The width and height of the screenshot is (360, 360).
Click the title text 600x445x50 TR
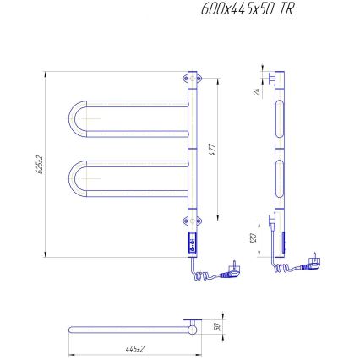[x=249, y=10]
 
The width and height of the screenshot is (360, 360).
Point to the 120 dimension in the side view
[x=254, y=239]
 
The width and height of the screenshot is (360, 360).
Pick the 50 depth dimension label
[x=216, y=325]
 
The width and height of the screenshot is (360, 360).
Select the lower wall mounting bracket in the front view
[x=188, y=222]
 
